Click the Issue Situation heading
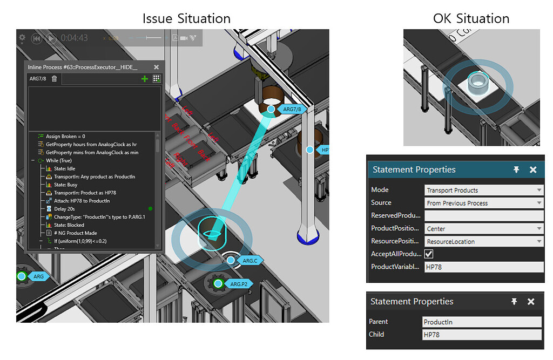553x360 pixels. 186,18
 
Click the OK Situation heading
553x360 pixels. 471,18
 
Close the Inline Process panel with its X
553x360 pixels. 156,67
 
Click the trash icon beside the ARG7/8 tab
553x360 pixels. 55,79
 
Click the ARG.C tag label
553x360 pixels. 249,261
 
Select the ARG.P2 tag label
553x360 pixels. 238,284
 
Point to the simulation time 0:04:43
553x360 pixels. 75,38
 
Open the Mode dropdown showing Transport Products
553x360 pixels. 484,190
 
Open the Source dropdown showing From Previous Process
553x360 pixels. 484,203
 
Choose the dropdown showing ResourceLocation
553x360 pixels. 484,241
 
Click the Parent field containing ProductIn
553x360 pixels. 482,322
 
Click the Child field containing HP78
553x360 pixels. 482,335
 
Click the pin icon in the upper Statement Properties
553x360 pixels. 516,169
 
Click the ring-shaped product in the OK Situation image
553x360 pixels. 477,83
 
